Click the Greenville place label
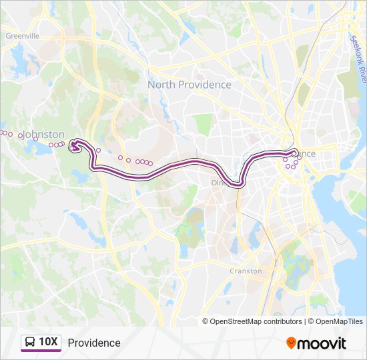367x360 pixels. pyautogui.click(x=23, y=35)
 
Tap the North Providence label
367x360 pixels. pyautogui.click(x=189, y=85)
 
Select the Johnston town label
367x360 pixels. pyautogui.click(x=44, y=134)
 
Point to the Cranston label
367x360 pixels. pyautogui.click(x=246, y=271)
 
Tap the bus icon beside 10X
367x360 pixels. pyautogui.click(x=30, y=343)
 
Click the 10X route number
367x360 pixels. pyautogui.click(x=49, y=343)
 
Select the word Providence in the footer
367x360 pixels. pyautogui.click(x=94, y=343)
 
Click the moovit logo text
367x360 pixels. pyautogui.click(x=322, y=343)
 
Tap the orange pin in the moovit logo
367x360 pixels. pyautogui.click(x=291, y=343)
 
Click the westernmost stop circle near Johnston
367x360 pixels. pyautogui.click(x=2, y=133)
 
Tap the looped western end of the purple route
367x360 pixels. pyautogui.click(x=76, y=145)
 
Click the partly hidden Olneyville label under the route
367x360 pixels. pyautogui.click(x=220, y=181)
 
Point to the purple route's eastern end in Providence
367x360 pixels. pyautogui.click(x=294, y=153)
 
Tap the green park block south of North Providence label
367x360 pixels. pyautogui.click(x=204, y=123)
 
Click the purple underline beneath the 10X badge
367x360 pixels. pyautogui.click(x=41, y=351)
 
